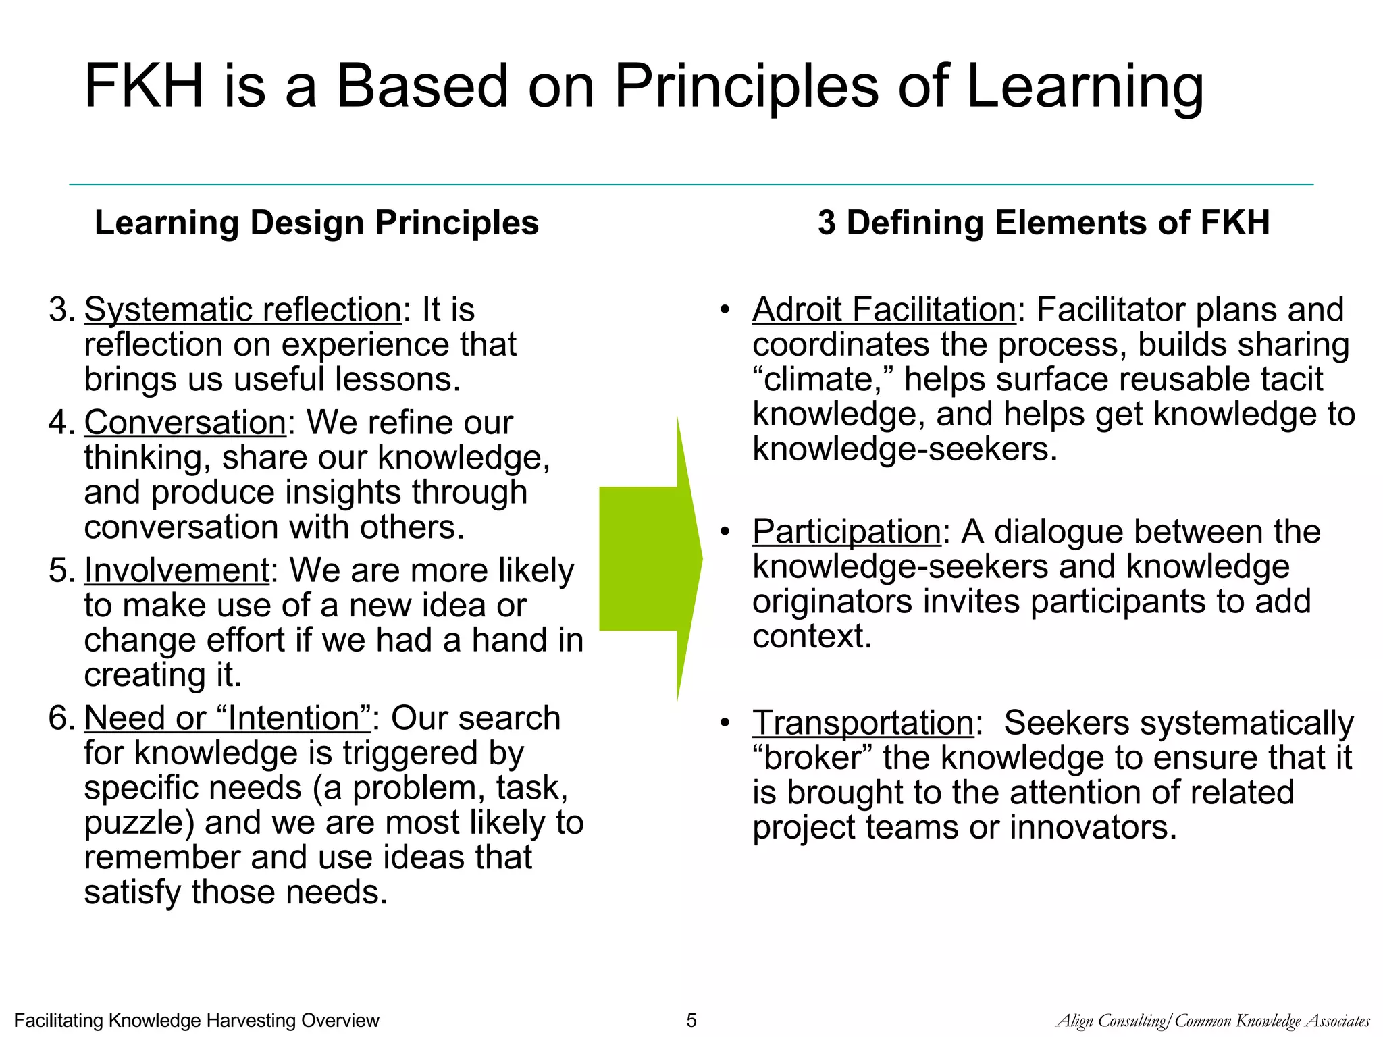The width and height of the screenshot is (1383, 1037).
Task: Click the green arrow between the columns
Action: tap(648, 558)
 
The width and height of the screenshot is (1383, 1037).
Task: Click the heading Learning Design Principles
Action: tap(316, 223)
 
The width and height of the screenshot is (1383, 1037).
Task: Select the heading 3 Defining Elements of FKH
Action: tap(1043, 223)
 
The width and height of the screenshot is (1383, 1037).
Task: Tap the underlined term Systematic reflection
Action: tap(243, 310)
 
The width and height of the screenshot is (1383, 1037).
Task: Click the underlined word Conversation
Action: tap(185, 423)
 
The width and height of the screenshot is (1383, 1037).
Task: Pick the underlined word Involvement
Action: tap(177, 570)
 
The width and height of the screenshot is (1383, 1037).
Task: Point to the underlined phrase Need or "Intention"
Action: tap(228, 718)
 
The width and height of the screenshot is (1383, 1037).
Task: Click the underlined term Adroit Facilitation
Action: tap(884, 310)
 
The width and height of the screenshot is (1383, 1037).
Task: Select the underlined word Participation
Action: tap(847, 531)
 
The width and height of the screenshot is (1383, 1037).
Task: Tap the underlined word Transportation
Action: tap(863, 722)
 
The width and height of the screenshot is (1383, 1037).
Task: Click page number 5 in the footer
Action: tap(691, 1020)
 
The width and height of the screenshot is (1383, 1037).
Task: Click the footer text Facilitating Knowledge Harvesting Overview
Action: tap(197, 1020)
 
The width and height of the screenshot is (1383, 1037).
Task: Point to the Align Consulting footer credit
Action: tap(1213, 1021)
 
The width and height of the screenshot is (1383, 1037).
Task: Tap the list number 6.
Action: tap(61, 718)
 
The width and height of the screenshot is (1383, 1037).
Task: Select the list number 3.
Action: tap(61, 310)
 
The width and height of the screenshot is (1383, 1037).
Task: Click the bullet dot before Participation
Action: tap(725, 532)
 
